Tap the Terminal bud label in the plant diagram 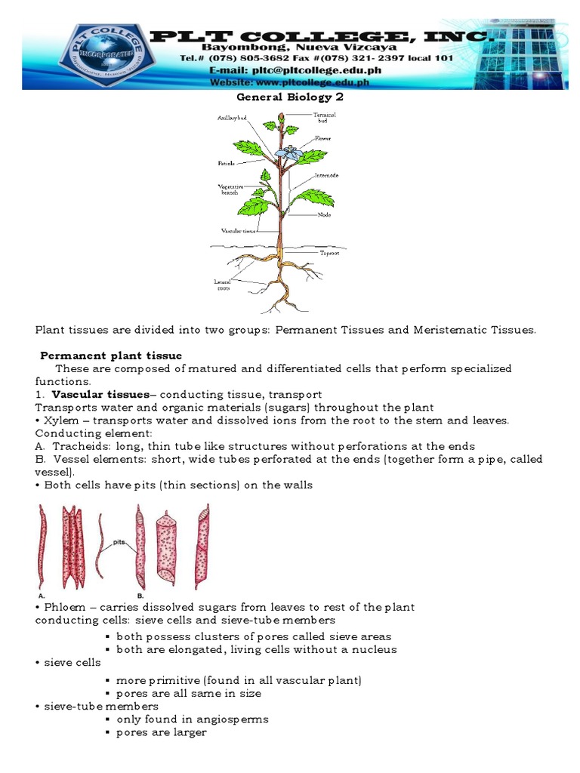(325, 117)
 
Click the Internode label (327, 175)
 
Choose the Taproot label (329, 254)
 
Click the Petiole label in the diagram (227, 163)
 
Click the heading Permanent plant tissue (111, 356)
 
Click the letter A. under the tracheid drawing (39, 593)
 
